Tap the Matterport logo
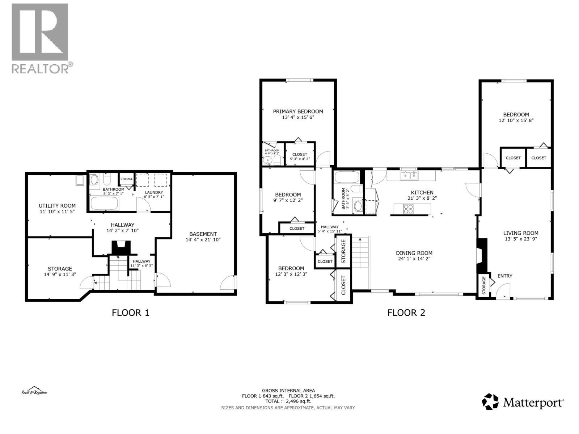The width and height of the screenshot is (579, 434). click(x=523, y=402)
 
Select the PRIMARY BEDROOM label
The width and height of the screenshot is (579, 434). click(x=298, y=111)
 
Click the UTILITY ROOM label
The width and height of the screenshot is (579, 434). click(x=57, y=205)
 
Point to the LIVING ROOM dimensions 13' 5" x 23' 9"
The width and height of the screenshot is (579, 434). click(x=521, y=239)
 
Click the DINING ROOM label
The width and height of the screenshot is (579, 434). click(x=414, y=253)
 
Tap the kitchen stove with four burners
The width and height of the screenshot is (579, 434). click(x=408, y=209)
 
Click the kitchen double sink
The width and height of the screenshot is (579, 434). click(x=409, y=176)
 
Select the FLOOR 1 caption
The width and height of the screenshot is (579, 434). click(x=130, y=312)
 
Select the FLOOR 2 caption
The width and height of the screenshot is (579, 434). click(x=406, y=312)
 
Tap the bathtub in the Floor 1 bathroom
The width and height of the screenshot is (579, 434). click(x=104, y=204)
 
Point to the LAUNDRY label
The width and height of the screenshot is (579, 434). click(x=154, y=192)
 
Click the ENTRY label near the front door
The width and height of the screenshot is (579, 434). click(x=504, y=276)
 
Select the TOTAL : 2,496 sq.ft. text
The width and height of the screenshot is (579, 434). click(x=288, y=401)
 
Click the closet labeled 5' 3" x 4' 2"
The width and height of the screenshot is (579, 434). click(x=300, y=157)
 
